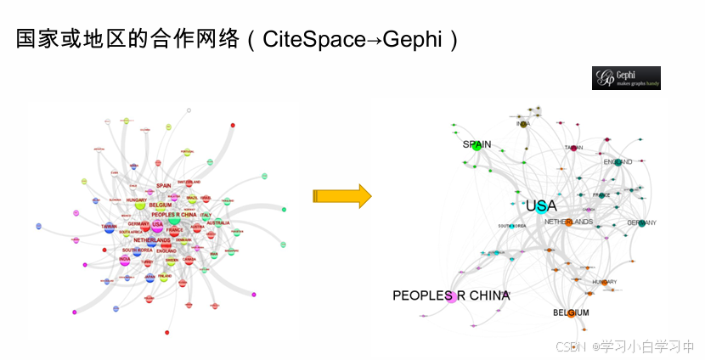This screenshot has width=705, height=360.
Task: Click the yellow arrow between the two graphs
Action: tap(342, 196)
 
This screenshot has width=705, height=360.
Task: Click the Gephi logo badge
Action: tap(626, 77)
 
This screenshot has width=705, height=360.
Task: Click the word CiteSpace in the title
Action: tap(312, 39)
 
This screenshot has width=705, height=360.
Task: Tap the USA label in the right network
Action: tap(541, 206)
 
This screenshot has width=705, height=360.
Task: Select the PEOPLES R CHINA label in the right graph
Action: tap(451, 295)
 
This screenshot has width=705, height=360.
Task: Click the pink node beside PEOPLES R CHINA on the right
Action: tap(451, 296)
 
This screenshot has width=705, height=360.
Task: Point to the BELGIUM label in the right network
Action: tap(571, 313)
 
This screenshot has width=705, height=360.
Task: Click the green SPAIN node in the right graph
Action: tap(477, 146)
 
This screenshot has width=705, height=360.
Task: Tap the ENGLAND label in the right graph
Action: tap(618, 162)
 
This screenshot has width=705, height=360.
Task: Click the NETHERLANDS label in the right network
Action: tap(568, 222)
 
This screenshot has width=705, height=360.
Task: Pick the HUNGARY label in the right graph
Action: tap(604, 282)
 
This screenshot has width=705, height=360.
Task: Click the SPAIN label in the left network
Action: tap(164, 186)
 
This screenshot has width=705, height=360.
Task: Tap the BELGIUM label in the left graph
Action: tap(160, 205)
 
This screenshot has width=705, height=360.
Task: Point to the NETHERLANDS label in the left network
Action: tap(152, 240)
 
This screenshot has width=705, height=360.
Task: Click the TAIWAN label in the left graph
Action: tap(108, 227)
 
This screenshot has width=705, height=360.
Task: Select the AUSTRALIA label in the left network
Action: tap(217, 222)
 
